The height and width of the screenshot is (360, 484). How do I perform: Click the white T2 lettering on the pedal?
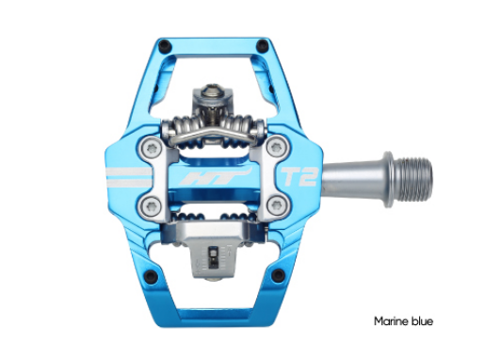click(298, 176)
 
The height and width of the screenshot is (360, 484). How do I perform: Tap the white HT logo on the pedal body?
click(216, 177)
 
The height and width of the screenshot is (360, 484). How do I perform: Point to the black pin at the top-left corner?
click(165, 46)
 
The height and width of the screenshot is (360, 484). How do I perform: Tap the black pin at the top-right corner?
click(263, 46)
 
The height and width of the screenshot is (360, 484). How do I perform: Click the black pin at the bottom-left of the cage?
click(151, 276)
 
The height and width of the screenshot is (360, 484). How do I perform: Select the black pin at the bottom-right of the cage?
click(278, 275)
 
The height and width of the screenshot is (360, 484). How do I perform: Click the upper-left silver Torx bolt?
click(152, 147)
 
